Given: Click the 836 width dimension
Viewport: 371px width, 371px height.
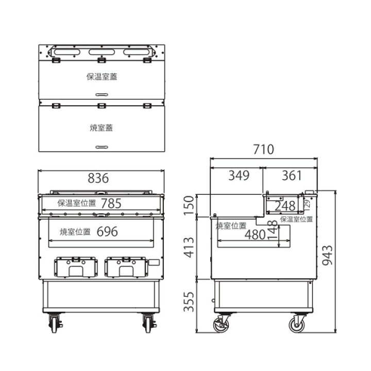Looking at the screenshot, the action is click(x=98, y=178).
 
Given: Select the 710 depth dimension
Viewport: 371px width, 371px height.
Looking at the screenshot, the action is click(x=264, y=149).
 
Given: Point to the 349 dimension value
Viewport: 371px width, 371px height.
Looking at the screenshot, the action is click(x=239, y=176).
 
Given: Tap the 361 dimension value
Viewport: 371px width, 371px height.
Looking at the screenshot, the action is click(x=292, y=176).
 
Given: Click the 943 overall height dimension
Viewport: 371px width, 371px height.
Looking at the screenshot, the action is click(x=328, y=255).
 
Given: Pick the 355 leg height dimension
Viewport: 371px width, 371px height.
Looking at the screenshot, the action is click(x=189, y=301).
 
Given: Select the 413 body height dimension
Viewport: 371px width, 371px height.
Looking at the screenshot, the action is click(x=189, y=247).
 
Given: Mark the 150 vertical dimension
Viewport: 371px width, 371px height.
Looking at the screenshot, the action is click(x=189, y=206).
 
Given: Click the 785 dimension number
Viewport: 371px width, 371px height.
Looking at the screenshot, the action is click(x=111, y=203).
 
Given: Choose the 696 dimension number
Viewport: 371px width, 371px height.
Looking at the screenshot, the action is click(x=107, y=231).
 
